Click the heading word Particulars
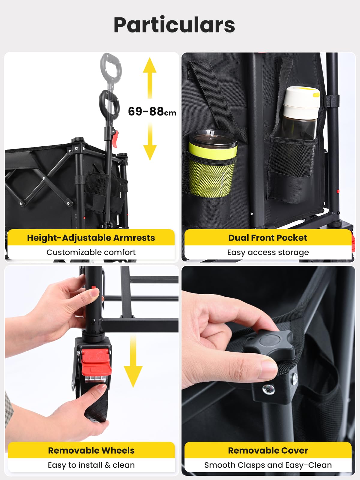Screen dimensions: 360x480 174,25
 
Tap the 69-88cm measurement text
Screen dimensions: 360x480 152,111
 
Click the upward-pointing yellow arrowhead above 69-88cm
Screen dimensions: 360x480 150,65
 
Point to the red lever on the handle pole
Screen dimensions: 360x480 115,138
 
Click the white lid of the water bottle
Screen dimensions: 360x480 301,97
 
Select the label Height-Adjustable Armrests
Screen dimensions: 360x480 91,238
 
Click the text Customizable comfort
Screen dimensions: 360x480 91,252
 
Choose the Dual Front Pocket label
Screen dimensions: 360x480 268,238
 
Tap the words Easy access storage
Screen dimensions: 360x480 268,253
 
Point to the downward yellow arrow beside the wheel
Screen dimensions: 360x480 133,361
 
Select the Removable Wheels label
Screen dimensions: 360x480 91,451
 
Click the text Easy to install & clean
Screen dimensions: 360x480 91,465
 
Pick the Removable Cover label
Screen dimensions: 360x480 268,451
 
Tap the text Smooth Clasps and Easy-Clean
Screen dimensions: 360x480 268,465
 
